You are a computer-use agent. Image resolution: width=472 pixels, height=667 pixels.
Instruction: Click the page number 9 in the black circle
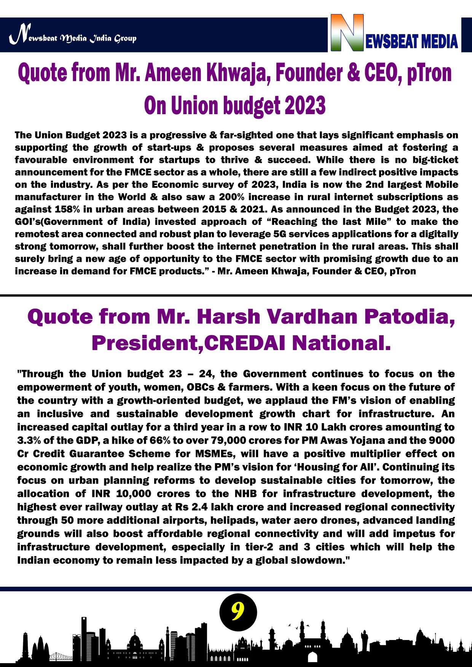(x=238, y=612)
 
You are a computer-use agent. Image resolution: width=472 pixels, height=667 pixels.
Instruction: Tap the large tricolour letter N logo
(x=347, y=33)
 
